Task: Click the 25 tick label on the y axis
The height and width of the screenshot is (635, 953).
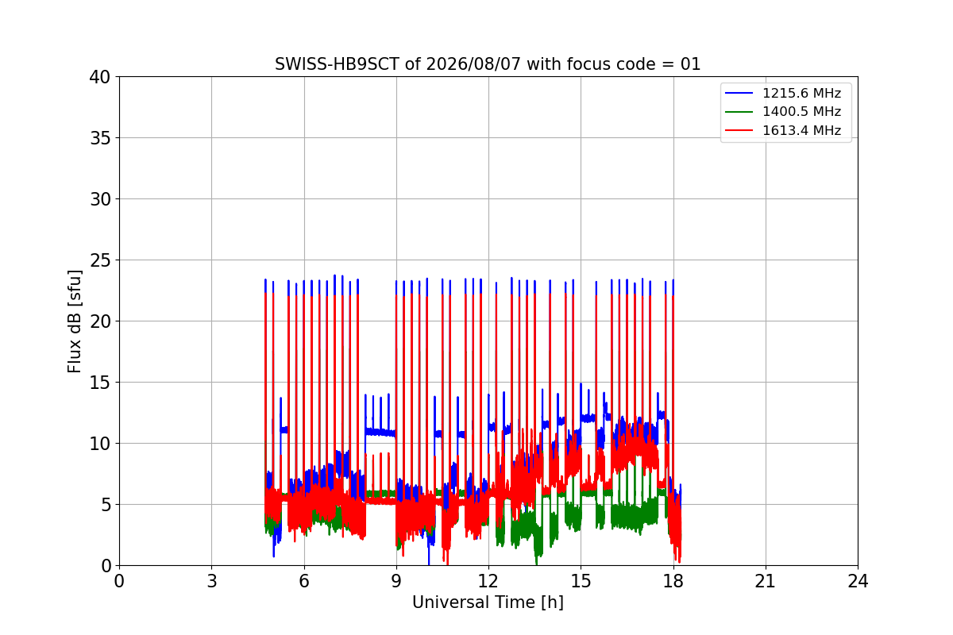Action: click(100, 260)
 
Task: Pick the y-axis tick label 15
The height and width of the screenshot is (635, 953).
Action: click(100, 383)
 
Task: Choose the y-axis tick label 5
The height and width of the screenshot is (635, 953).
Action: click(106, 505)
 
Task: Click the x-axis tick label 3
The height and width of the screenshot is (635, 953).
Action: click(212, 581)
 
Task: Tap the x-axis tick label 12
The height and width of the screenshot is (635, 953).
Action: click(488, 581)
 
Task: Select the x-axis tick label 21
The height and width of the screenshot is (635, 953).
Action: click(766, 581)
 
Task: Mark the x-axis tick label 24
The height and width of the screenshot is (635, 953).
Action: click(858, 581)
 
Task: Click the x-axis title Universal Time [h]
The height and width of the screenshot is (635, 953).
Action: click(488, 602)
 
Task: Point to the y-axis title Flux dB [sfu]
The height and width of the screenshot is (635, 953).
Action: click(75, 321)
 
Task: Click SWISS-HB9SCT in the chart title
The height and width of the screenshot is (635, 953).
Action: click(337, 64)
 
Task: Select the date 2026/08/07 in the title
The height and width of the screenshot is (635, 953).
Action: click(473, 64)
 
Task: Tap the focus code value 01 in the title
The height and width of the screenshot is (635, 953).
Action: click(690, 64)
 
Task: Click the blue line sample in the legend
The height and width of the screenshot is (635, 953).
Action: click(739, 93)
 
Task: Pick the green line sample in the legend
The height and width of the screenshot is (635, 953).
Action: click(739, 112)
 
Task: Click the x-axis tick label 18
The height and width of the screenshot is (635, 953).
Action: click(673, 581)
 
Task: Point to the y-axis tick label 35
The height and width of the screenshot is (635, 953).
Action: click(100, 138)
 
